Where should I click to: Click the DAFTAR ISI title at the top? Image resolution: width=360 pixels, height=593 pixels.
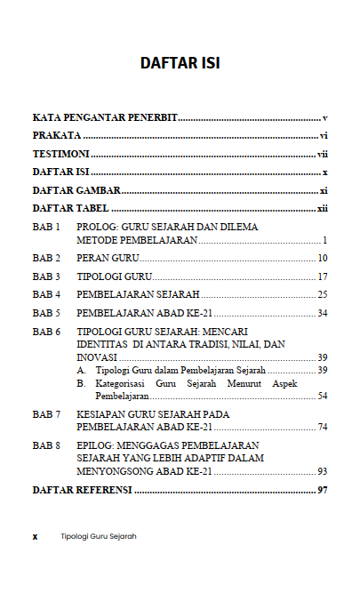pos(180,63)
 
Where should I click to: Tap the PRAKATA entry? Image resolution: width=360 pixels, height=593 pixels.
pos(57,136)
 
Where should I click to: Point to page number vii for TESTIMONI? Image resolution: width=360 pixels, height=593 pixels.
pos(324,154)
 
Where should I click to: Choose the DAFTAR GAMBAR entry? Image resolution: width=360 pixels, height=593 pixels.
pos(76,190)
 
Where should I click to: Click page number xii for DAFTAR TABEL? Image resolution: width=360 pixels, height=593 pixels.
pos(324,208)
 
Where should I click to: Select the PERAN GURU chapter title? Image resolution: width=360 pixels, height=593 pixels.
pos(103,258)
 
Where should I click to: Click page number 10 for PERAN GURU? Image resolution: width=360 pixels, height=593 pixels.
pos(323,258)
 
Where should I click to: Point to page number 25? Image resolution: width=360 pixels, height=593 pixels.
pos(323,294)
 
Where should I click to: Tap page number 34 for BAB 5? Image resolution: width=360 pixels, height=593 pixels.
pos(323,313)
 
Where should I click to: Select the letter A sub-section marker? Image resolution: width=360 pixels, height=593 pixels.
pos(80,370)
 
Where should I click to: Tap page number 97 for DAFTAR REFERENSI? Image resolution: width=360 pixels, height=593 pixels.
pos(323,490)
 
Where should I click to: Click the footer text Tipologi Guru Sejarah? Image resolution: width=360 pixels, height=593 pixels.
pos(98,537)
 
